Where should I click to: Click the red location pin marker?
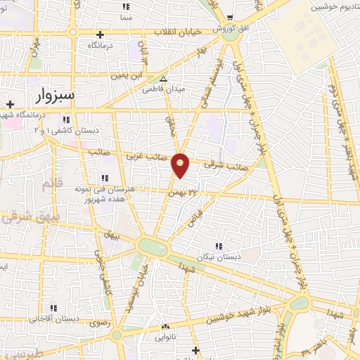[181, 165]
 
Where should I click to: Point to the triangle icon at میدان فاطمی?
[163, 79]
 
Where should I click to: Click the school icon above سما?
[127, 6]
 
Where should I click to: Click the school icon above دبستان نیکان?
[219, 246]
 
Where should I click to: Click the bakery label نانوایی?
[167, 336]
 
